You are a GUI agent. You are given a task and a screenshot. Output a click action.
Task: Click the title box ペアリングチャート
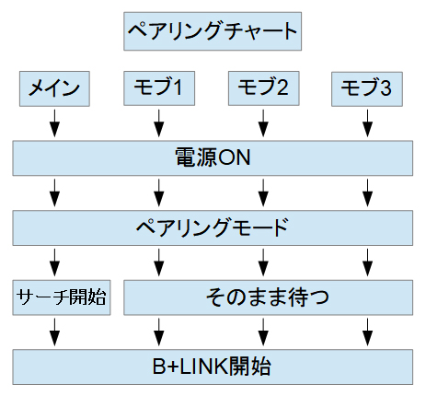pyautogui.click(x=213, y=31)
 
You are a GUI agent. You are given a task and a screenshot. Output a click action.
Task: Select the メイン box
pyautogui.click(x=54, y=89)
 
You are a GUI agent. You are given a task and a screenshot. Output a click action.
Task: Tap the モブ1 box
pyautogui.click(x=159, y=88)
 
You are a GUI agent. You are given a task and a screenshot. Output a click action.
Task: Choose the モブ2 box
pyautogui.click(x=264, y=88)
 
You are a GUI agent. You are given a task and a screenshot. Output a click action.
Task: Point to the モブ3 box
pyautogui.click(x=367, y=89)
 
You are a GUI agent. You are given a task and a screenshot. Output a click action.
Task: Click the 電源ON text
pyautogui.click(x=213, y=157)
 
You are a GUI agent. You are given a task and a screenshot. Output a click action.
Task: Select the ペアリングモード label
pyautogui.click(x=213, y=227)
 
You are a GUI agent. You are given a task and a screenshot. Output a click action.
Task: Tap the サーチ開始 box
pyautogui.click(x=62, y=297)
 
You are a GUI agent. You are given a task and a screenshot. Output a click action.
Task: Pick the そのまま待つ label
pyautogui.click(x=268, y=297)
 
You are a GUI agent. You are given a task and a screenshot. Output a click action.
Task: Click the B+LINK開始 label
pyautogui.click(x=213, y=367)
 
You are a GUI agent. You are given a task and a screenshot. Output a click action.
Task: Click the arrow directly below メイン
pyautogui.click(x=54, y=123)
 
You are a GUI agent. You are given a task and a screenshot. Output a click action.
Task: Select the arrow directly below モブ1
pyautogui.click(x=159, y=123)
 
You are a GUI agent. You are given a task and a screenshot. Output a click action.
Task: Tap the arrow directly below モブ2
pyautogui.click(x=263, y=123)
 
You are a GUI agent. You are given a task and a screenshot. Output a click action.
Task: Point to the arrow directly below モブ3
pyautogui.click(x=367, y=123)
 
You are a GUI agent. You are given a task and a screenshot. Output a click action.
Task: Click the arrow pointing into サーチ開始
pyautogui.click(x=54, y=262)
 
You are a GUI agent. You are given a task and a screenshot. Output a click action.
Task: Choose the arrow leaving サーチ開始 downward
pyautogui.click(x=54, y=332)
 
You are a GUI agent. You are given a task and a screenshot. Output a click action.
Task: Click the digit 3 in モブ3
pyautogui.click(x=386, y=87)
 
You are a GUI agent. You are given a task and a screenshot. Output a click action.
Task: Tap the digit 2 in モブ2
pyautogui.click(x=282, y=87)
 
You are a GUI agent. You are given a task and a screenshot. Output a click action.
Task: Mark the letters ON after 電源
pyautogui.click(x=235, y=157)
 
